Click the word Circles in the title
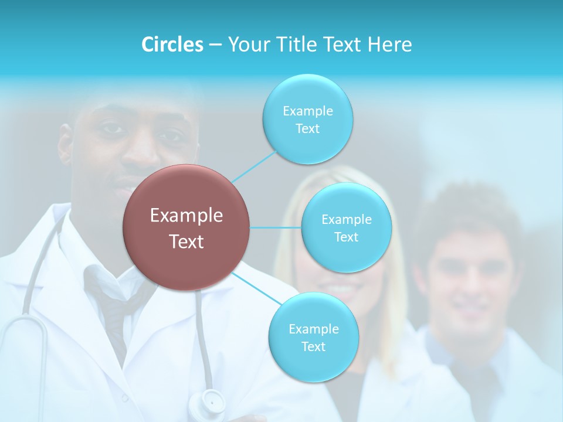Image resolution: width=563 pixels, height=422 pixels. pos(172,45)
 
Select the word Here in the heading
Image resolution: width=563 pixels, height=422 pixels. pos(390,45)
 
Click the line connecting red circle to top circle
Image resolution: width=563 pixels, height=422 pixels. pos(253,166)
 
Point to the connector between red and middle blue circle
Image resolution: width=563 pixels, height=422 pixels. pos(276,227)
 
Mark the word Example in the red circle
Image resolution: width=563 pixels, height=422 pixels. pos(186,216)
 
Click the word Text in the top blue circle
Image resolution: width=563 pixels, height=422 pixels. pos(307,129)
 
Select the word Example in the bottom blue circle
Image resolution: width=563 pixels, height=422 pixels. pos(313,329)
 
